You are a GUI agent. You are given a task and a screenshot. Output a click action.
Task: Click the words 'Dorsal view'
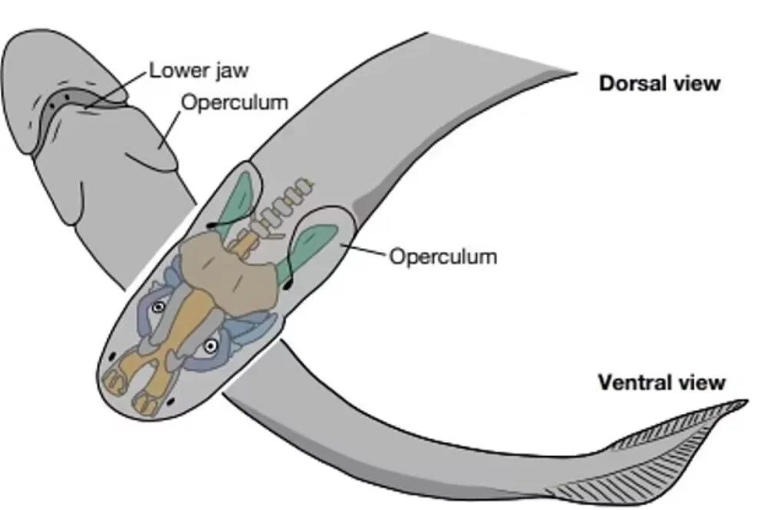point(660,83)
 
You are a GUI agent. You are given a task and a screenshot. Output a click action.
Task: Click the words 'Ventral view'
point(661,382)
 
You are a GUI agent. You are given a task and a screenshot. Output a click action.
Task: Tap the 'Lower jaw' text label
point(199,71)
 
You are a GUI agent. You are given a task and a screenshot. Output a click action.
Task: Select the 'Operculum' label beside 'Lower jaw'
point(233,101)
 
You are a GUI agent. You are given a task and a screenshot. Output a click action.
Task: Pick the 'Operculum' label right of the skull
point(443,255)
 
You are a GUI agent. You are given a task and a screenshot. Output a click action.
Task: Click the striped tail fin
point(653,453)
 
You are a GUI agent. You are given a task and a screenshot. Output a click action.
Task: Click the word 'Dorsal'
point(632,83)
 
